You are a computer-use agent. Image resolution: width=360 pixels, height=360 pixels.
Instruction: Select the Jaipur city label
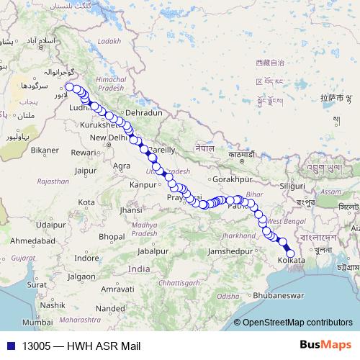pos(85,171)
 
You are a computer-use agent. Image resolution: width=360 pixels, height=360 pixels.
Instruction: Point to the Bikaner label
pos(45,150)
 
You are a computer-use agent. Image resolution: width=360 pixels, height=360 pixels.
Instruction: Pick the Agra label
pos(122,165)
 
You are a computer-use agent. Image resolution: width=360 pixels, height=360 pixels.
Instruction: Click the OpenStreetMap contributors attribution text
pos(297,323)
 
